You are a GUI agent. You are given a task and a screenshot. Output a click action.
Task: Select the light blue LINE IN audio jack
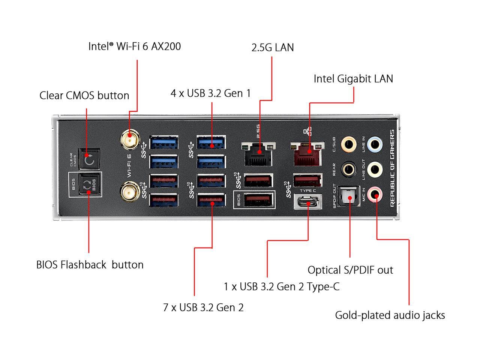pyautogui.click(x=374, y=144)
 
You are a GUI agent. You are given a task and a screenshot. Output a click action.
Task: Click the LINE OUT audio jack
pyautogui.click(x=374, y=169)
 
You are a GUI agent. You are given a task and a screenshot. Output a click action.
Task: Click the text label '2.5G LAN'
pyautogui.click(x=272, y=48)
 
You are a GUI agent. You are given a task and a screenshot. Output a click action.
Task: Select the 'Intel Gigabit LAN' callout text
pyautogui.click(x=353, y=79)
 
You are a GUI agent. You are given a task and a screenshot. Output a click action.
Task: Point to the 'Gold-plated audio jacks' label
pyautogui.click(x=390, y=315)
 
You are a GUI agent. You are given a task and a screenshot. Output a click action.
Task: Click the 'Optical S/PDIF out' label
pyautogui.click(x=350, y=270)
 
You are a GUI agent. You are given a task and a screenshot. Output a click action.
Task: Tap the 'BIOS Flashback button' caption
pyautogui.click(x=90, y=265)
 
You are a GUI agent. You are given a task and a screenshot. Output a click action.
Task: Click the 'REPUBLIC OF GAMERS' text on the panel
pyautogui.click(x=392, y=168)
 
